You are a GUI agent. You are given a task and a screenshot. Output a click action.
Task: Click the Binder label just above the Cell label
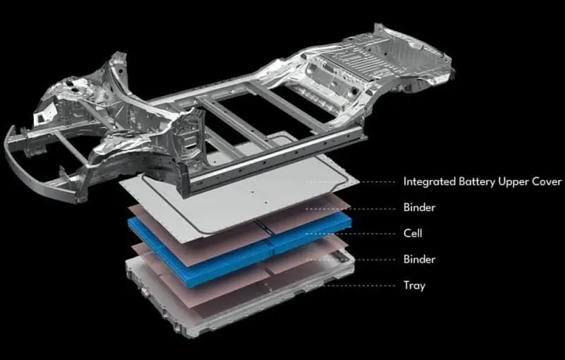tap(420, 208)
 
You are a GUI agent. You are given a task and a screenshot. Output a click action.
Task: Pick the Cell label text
tap(412, 233)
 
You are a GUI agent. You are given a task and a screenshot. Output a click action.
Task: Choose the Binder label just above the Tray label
tap(420, 259)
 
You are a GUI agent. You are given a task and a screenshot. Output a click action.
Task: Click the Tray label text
tap(415, 285)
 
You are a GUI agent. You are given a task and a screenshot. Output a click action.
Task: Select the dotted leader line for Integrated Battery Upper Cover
tap(351, 182)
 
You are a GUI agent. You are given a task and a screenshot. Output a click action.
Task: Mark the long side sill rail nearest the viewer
tap(274, 162)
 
